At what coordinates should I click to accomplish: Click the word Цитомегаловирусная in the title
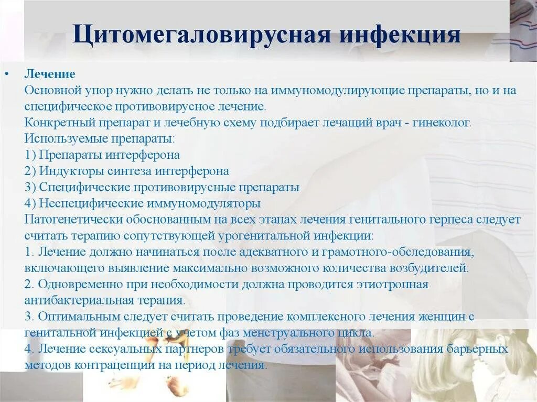[x=202, y=36]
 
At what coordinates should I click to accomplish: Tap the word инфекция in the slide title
[x=401, y=36]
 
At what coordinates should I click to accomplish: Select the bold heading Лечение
[x=50, y=74]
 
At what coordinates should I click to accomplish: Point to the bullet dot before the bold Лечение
[x=7, y=74]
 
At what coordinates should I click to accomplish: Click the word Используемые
[x=58, y=139]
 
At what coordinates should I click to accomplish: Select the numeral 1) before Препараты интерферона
[x=30, y=155]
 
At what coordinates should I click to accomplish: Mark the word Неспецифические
[x=82, y=203]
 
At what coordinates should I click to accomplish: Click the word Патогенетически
[x=67, y=219]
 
